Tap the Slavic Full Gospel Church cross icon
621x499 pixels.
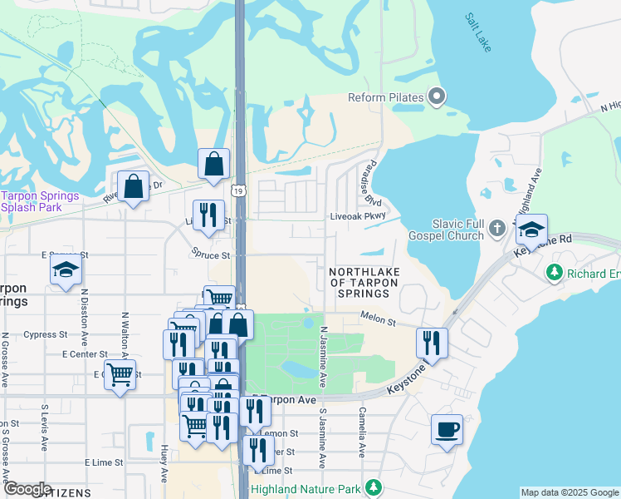(x=497, y=227)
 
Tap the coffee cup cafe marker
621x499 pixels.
(x=447, y=430)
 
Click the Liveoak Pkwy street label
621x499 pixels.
(x=359, y=215)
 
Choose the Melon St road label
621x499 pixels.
(x=376, y=315)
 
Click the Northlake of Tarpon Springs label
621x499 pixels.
(x=364, y=283)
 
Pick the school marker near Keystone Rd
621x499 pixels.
(x=531, y=229)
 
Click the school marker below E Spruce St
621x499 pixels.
(x=66, y=269)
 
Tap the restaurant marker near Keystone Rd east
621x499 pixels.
(x=432, y=341)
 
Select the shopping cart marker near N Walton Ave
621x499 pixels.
(x=120, y=375)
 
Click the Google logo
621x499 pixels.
(x=27, y=489)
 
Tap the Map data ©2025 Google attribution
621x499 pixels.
(x=570, y=492)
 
